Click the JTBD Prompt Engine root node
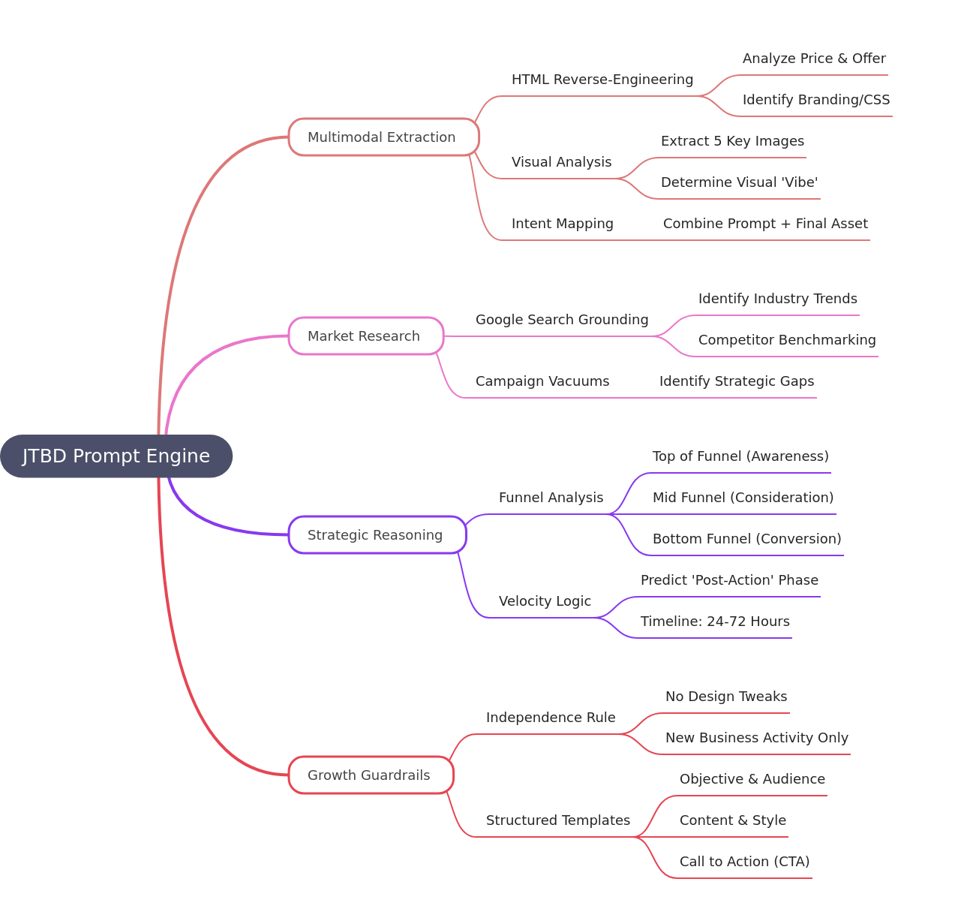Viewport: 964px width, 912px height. pos(116,456)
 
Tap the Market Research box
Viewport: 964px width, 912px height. pos(365,336)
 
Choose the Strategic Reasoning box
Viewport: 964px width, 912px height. pos(377,535)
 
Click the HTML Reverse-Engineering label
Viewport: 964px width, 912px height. pos(602,80)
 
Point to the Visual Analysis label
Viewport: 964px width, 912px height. pos(561,162)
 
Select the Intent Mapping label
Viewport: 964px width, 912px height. pos(563,224)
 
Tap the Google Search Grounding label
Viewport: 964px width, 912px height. pos(562,320)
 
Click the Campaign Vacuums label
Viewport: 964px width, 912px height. pos(542,381)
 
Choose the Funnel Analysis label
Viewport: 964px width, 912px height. pos(551,498)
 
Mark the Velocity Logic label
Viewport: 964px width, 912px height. pos(545,601)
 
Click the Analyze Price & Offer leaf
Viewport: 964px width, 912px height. pos(814,59)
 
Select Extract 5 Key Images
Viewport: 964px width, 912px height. pos(732,141)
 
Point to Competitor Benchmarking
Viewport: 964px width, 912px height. pos(787,340)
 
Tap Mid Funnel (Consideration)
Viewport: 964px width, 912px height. pos(743,498)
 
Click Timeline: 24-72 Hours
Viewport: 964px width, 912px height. pos(715,622)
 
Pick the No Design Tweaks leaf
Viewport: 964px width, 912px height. pos(726,697)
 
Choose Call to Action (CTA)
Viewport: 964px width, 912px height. pos(744,862)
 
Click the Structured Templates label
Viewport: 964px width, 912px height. pos(558,820)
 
